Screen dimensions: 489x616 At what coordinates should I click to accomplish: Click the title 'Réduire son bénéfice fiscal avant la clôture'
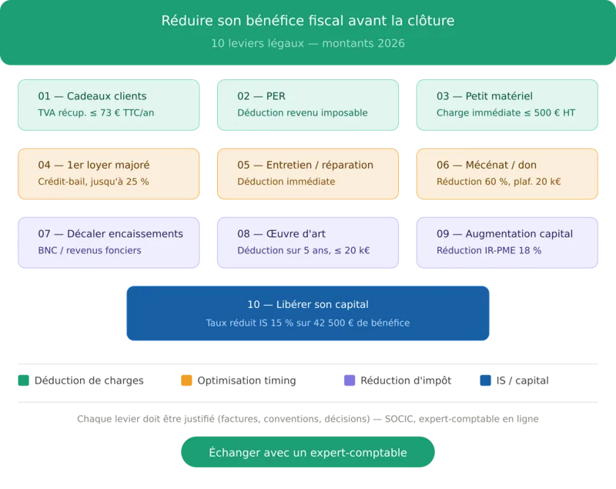click(x=308, y=21)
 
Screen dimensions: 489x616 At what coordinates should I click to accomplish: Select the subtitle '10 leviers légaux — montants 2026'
click(x=308, y=44)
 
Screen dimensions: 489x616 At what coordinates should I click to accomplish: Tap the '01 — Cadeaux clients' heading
click(x=92, y=96)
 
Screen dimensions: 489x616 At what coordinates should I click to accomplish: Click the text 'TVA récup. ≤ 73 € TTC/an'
click(x=96, y=112)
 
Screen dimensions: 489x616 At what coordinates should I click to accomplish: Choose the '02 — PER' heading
click(x=261, y=96)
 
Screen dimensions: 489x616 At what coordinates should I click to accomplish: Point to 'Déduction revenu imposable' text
click(x=303, y=112)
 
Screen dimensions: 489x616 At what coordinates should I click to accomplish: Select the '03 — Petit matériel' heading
click(x=484, y=96)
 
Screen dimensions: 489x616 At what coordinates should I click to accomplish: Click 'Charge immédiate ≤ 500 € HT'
click(x=505, y=112)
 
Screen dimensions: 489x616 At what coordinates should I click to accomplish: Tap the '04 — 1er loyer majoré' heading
click(x=94, y=165)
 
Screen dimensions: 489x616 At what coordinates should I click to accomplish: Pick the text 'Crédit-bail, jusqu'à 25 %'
click(x=93, y=182)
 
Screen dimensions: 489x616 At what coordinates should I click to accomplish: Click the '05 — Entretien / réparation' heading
click(x=305, y=165)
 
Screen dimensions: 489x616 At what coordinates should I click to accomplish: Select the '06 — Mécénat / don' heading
click(x=487, y=165)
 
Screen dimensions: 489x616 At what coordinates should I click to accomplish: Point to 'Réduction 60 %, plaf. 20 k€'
click(x=498, y=182)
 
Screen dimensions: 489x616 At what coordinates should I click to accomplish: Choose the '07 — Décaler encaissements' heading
click(x=110, y=233)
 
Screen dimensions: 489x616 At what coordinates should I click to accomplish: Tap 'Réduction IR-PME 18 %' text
click(x=489, y=250)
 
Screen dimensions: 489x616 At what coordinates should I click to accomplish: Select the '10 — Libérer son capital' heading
click(x=308, y=305)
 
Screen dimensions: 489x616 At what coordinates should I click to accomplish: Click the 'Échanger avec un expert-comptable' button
click(x=308, y=453)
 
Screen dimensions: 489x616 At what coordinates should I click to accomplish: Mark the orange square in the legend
click(x=186, y=380)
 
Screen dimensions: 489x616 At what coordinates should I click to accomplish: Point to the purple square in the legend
click(x=346, y=380)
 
